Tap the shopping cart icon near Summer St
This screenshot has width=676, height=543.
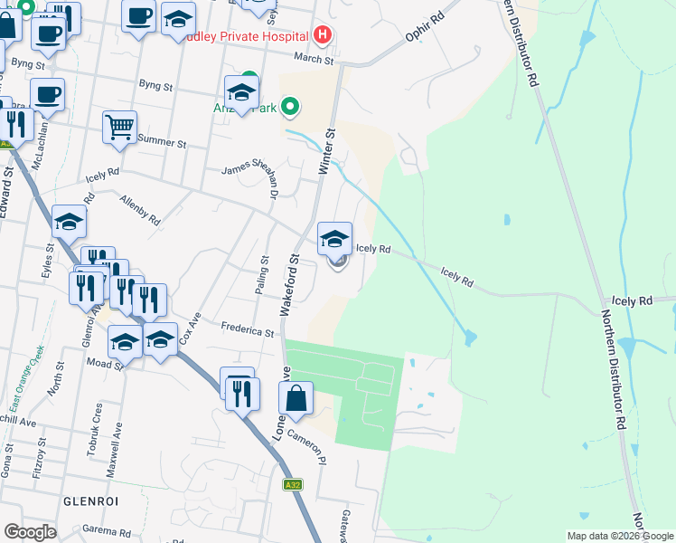(118, 128)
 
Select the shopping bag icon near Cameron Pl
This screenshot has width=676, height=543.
(296, 397)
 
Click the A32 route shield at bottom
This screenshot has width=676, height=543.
(293, 484)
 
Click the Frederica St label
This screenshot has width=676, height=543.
(248, 331)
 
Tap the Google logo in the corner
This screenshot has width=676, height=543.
(30, 532)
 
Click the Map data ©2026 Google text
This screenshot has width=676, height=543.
(619, 536)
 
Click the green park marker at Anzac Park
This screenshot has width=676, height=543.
(289, 108)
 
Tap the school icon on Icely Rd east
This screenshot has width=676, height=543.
(334, 240)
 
